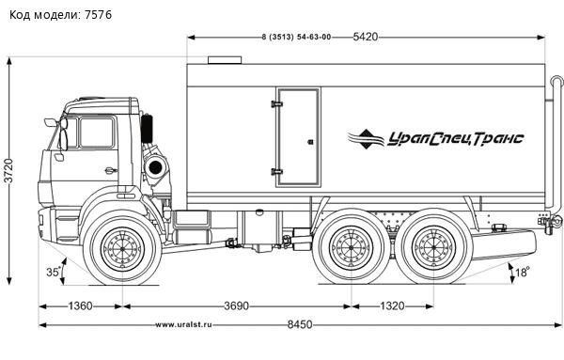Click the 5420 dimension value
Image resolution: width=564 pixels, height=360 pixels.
366,37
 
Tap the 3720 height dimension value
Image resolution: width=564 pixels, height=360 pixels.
8,170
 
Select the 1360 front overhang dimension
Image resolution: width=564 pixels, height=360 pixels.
80,306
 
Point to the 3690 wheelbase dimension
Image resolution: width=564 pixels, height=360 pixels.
236,306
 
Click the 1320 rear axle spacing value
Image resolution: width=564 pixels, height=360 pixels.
392,306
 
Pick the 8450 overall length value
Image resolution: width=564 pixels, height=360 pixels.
300,325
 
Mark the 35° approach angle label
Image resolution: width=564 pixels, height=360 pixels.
54,272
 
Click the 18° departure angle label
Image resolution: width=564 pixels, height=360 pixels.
523,272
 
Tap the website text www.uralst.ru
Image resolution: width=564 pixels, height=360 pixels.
183,325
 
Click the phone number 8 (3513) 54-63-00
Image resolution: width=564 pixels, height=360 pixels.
296,37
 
